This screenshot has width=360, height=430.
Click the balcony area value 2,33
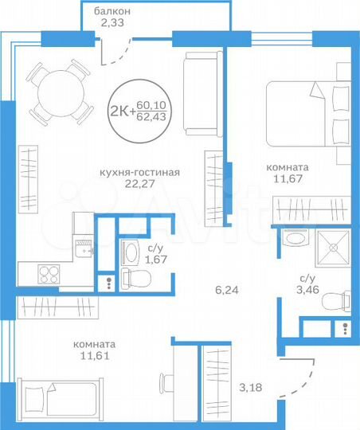[112, 24]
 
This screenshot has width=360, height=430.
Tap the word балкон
[112, 11]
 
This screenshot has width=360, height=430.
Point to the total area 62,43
[153, 117]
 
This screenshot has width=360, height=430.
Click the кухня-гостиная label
[139, 172]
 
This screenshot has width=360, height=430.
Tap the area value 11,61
[94, 357]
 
